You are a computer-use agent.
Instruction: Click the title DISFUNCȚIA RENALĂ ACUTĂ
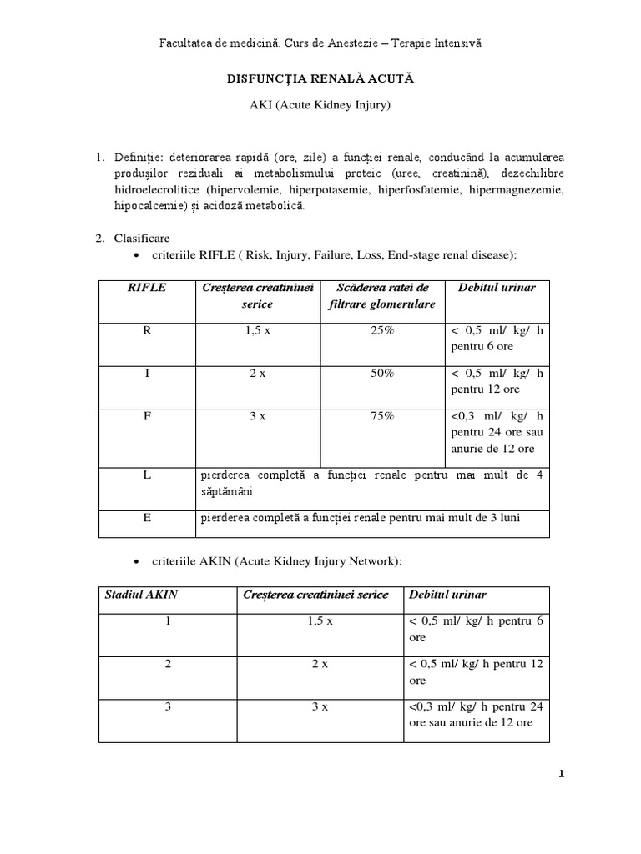click(x=320, y=78)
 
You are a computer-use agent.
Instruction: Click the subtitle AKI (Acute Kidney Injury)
click(x=320, y=106)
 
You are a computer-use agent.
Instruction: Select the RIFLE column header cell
click(x=146, y=288)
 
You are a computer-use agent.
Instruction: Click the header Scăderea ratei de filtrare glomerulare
click(x=382, y=296)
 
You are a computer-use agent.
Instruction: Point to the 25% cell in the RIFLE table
click(x=382, y=331)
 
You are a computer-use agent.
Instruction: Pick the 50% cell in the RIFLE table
click(x=382, y=374)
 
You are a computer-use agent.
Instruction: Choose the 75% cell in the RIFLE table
click(x=382, y=417)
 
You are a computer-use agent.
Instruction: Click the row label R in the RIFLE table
click(x=147, y=331)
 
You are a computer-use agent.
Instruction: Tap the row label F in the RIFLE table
click(x=147, y=417)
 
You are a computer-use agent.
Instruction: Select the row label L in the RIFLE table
click(x=147, y=475)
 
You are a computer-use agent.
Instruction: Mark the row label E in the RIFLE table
click(x=147, y=518)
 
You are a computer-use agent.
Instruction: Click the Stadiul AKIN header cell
click(x=141, y=595)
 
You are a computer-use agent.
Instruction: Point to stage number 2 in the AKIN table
click(x=168, y=665)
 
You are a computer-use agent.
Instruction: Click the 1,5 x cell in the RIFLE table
click(x=257, y=331)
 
